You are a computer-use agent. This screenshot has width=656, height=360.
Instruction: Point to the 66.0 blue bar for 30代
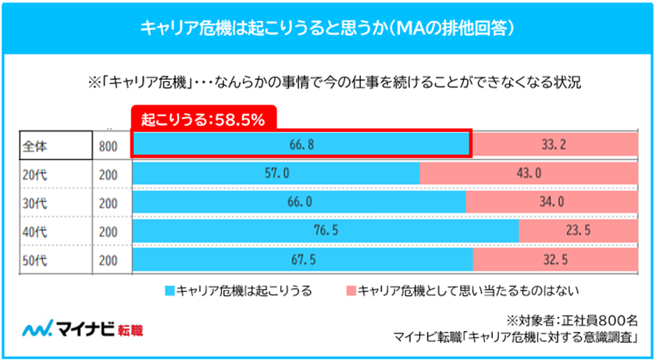click(x=300, y=201)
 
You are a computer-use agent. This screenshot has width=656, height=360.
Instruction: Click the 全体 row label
click(x=35, y=145)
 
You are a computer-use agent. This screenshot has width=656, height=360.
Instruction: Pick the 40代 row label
click(x=35, y=231)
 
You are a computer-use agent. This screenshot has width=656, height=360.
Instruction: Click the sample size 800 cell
click(x=109, y=145)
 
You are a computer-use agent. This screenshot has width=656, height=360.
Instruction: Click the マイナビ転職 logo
click(x=84, y=328)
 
